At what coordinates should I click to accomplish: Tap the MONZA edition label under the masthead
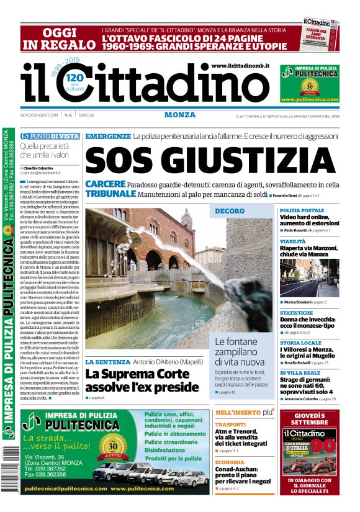[180, 115]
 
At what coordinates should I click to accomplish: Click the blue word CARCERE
[106, 184]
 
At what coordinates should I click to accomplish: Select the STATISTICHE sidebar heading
[296, 313]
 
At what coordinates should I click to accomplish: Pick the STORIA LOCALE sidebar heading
[300, 343]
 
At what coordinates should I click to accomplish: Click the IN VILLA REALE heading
[299, 372]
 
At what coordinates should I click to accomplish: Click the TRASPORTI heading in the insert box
[230, 425]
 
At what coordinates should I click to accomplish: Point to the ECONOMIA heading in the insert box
[230, 462]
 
